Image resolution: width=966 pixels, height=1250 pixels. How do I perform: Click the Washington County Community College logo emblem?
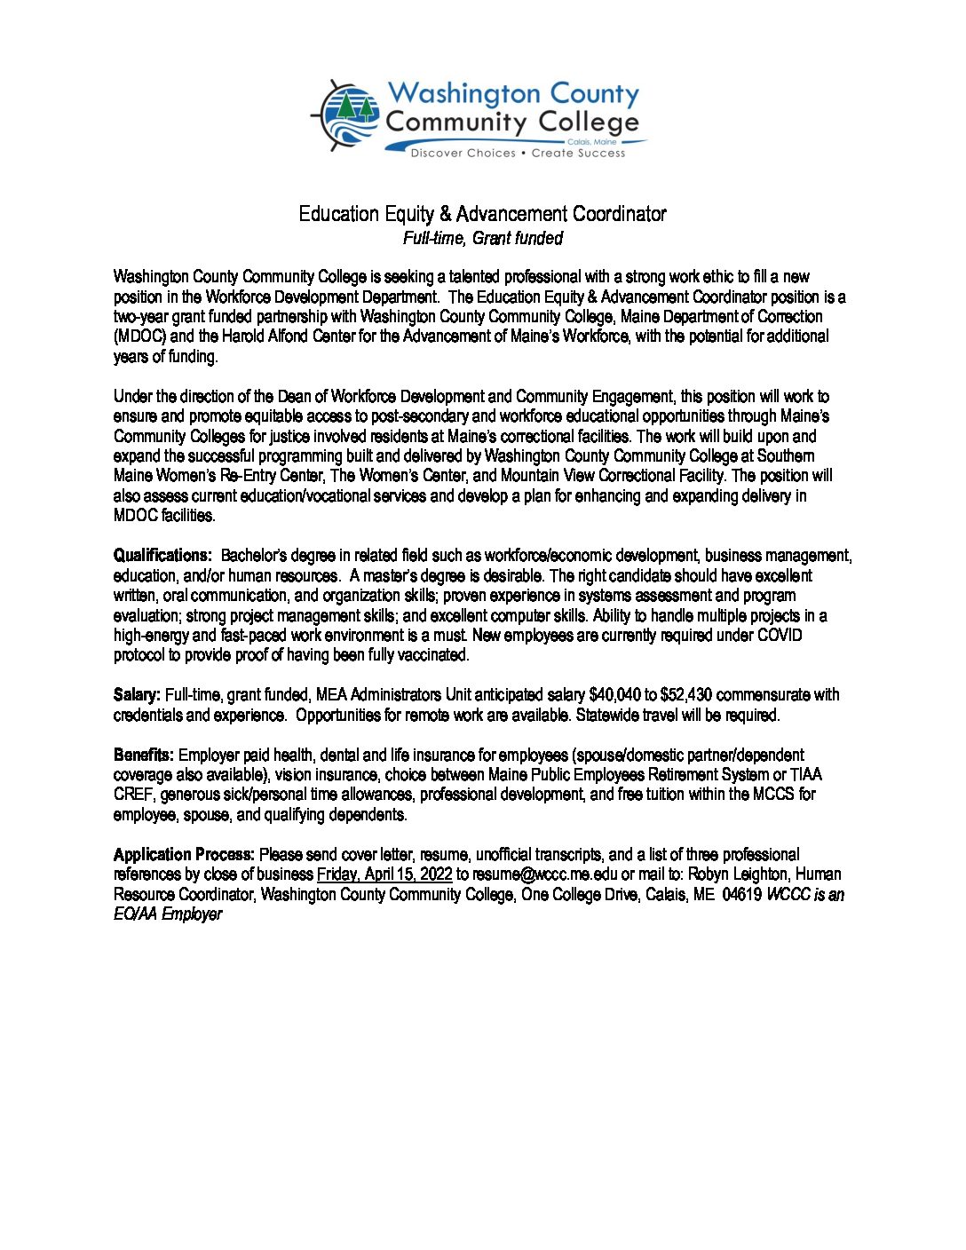[347, 116]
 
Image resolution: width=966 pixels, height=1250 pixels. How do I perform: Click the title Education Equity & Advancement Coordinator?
[482, 214]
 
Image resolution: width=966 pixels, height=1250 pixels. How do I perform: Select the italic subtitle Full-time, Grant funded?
[482, 238]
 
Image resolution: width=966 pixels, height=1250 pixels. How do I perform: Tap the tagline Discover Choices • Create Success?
[518, 154]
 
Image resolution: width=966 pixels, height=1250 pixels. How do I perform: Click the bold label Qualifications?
[162, 556]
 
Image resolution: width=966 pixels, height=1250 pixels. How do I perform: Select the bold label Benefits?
[144, 755]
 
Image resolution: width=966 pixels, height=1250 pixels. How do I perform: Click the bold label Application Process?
[184, 855]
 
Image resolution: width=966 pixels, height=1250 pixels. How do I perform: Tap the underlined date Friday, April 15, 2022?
[384, 874]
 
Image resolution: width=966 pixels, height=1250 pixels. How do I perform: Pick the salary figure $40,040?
[614, 695]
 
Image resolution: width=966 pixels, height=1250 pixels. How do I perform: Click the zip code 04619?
[741, 895]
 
